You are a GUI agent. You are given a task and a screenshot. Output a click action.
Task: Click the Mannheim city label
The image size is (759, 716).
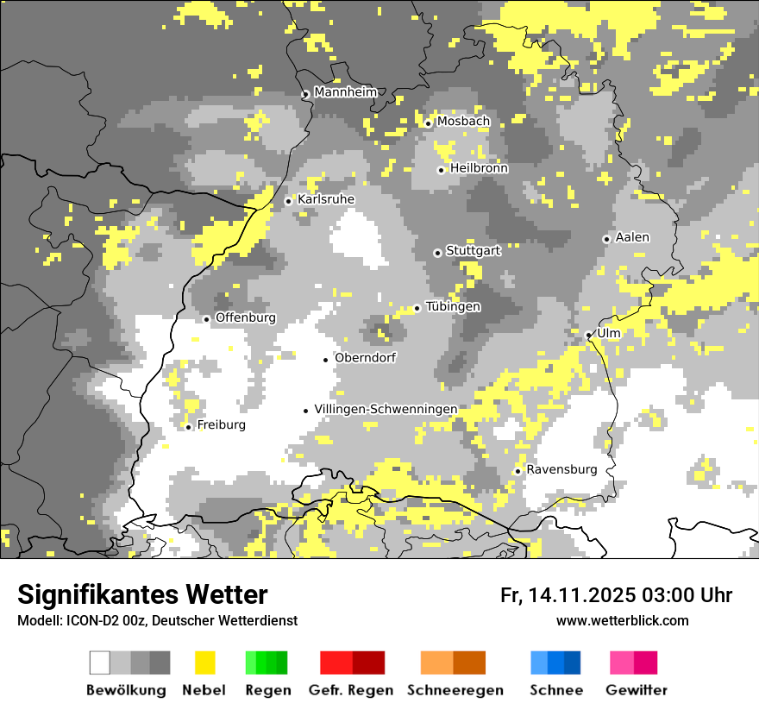click(346, 92)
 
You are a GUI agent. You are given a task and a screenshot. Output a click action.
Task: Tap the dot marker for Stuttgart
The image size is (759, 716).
click(437, 253)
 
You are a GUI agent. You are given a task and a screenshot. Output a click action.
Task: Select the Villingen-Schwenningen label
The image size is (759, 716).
click(386, 409)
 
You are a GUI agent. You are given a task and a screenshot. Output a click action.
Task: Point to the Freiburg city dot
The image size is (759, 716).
click(188, 427)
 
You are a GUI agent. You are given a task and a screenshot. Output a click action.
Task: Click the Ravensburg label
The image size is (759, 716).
click(561, 470)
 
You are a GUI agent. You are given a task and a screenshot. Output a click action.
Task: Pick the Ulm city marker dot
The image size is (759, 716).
click(588, 335)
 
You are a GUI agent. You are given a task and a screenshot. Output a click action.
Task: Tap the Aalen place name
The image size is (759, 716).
click(632, 237)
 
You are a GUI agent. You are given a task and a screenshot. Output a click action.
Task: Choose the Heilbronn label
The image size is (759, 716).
click(479, 168)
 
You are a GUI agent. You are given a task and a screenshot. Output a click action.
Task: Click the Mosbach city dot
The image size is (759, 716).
click(428, 123)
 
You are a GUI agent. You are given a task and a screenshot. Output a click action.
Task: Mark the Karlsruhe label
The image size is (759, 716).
click(325, 199)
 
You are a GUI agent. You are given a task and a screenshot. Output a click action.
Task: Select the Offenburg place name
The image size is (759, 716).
click(245, 317)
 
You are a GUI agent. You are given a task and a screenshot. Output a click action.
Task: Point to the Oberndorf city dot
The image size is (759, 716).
click(325, 360)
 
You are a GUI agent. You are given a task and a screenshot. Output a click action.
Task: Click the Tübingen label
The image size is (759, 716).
click(453, 307)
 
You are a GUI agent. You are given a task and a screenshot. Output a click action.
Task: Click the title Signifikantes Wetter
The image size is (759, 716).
click(142, 595)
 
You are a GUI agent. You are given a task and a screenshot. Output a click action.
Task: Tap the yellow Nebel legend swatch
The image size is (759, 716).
click(204, 663)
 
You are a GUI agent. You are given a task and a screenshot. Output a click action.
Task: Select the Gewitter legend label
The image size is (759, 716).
click(636, 690)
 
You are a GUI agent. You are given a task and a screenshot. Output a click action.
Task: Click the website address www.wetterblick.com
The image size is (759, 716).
click(622, 621)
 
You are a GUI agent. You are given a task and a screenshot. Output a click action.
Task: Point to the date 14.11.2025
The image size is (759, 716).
click(582, 595)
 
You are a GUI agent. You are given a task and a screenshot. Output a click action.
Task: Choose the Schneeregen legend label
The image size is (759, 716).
click(455, 690)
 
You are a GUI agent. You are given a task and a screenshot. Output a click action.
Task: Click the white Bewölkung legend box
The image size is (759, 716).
click(100, 663)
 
